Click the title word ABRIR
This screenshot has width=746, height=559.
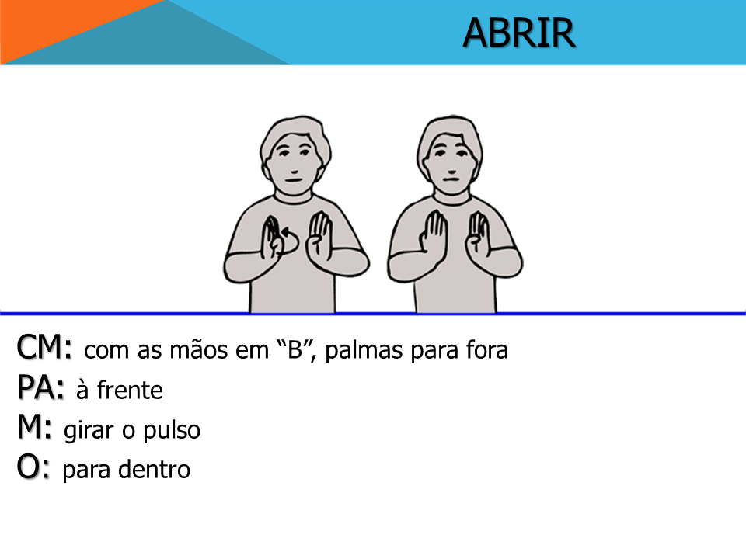coord(519,33)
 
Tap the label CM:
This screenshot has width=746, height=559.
coord(45,347)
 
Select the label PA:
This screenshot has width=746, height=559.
coord(40,387)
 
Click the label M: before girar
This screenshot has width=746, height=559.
coord(34,427)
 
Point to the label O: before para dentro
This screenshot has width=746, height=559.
coord(33,467)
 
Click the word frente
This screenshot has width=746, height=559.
coord(130,391)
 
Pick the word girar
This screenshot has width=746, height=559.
coord(89,431)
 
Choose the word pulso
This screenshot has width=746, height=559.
coord(172,430)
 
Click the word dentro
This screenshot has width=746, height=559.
coord(154,470)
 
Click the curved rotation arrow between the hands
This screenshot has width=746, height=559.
coord(290,241)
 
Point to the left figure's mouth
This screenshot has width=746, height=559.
coord(293,180)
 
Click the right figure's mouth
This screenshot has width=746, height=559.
coord(451,179)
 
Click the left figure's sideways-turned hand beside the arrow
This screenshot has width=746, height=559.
coord(272,237)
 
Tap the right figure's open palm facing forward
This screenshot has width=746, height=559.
coord(433,234)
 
